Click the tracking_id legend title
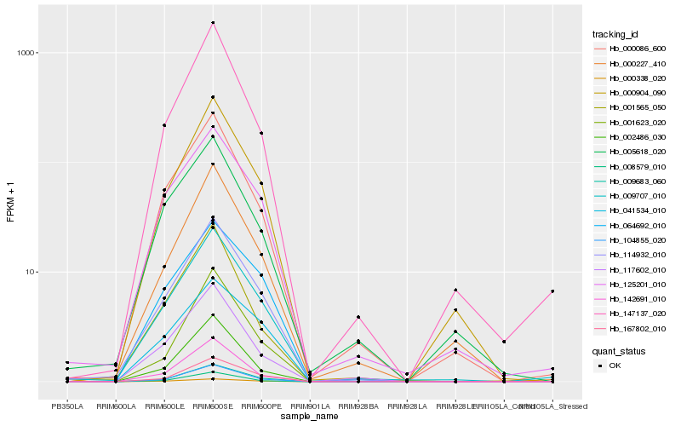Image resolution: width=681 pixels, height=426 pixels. tap(615, 34)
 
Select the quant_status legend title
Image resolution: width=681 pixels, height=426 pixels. tap(618, 350)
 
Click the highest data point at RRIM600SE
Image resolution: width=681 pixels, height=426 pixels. tap(213, 22)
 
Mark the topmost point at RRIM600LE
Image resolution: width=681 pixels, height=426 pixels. tap(164, 125)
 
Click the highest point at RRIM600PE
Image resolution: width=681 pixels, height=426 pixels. tap(261, 133)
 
